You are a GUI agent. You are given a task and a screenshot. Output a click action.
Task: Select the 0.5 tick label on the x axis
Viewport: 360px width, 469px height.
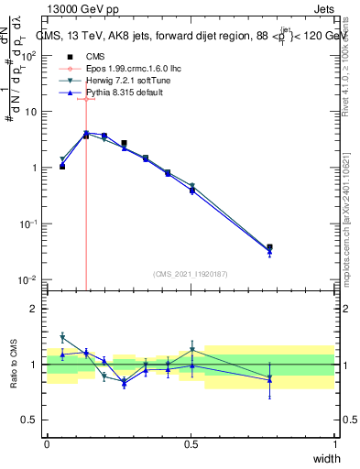191,444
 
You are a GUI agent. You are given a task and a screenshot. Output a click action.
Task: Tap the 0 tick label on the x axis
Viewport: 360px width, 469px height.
47,444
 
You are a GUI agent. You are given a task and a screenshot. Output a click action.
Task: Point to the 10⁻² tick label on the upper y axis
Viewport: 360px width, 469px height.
28,279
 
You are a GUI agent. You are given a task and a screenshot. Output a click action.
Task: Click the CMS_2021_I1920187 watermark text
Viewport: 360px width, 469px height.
190,274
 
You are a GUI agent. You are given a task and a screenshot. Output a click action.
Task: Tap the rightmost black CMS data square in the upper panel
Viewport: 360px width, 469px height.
269,247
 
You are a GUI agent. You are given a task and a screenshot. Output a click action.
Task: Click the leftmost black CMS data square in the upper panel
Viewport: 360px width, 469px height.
62,167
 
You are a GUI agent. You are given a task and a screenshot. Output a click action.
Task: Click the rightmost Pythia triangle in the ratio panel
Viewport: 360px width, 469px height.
269,380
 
